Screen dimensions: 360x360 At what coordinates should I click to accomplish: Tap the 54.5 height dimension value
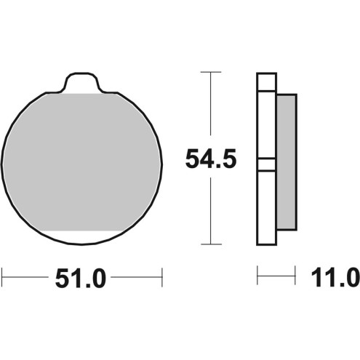pos(211,159)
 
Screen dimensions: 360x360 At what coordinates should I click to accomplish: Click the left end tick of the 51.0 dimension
pos(2,276)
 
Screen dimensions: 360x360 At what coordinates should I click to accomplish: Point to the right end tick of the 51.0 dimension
pos(161,276)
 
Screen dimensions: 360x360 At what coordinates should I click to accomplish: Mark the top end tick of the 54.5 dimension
pos(210,73)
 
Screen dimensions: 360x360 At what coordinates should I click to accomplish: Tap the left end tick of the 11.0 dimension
pos(258,276)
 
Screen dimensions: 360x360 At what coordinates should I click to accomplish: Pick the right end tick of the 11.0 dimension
pos(296,276)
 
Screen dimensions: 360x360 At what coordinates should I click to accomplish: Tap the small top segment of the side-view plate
pos(267,81)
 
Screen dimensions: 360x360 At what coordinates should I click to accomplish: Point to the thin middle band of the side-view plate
pos(267,164)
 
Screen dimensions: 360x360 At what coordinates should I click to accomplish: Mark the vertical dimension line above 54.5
pos(210,109)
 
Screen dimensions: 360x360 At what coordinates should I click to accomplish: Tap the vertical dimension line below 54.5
pos(210,211)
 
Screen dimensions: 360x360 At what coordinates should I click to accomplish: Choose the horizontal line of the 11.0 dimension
pos(277,276)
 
